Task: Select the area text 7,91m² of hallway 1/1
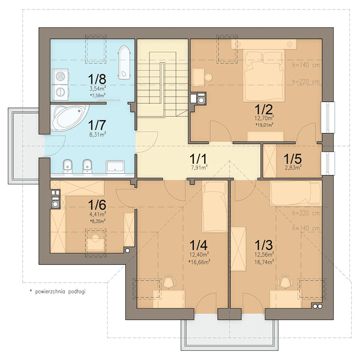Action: coord(198,167)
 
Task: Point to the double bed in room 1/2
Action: coord(264,76)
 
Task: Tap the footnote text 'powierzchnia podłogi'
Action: coord(60,291)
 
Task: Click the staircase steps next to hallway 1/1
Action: coord(163,83)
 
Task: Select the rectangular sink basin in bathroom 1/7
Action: coord(115,166)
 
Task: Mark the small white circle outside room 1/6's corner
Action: coord(128,251)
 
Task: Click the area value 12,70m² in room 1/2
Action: coord(264,118)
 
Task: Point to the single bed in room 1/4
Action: coord(215,207)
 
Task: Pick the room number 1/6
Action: coord(97,204)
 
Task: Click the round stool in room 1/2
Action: coord(209,77)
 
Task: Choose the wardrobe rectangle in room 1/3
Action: coord(239,249)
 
